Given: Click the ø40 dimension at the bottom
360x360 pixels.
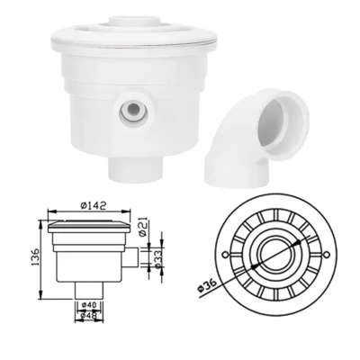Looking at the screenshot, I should tap(89, 308).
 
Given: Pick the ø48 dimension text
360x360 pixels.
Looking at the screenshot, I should tap(89, 318).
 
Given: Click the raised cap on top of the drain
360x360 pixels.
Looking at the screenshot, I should tap(135, 22).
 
